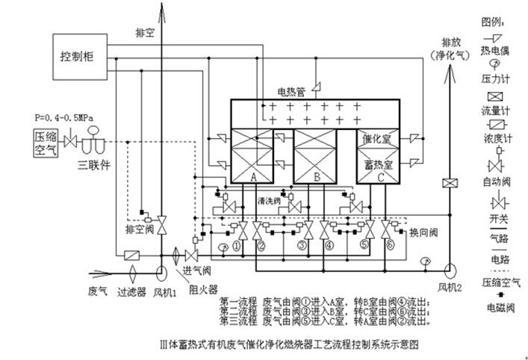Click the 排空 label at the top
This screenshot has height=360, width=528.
click(145, 34)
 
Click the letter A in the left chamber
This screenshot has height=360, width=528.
click(253, 177)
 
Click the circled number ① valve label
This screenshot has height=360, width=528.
click(236, 244)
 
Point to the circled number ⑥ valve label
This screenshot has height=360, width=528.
click(389, 244)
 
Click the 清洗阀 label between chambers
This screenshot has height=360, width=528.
click(268, 200)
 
